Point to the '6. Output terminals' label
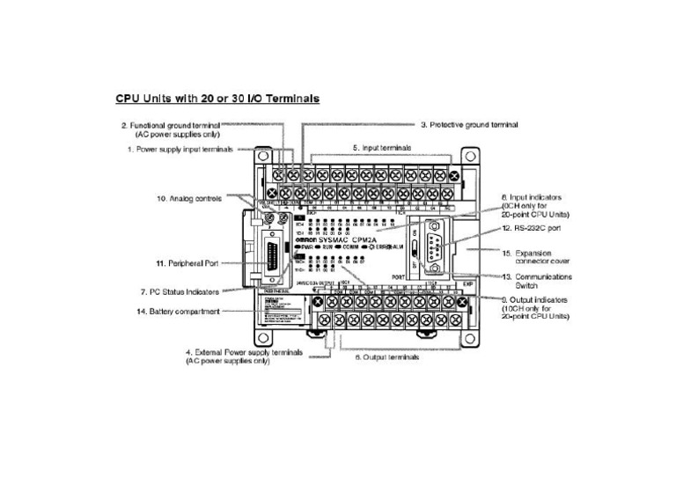[386, 357]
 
